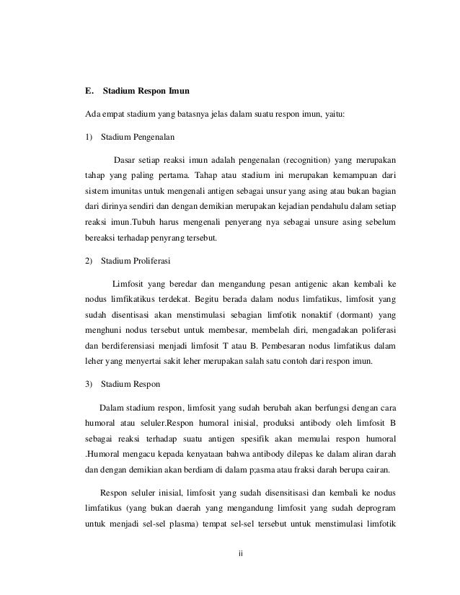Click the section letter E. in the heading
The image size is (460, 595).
(x=89, y=91)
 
